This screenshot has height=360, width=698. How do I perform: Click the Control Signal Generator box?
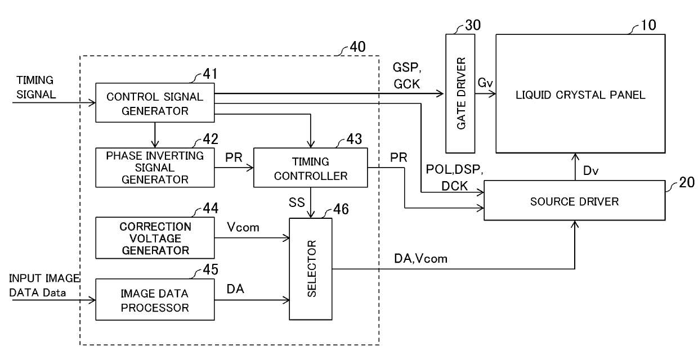point(155,102)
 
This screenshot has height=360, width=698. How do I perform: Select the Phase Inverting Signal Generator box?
point(155,168)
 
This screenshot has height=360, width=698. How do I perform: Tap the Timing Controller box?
point(310,168)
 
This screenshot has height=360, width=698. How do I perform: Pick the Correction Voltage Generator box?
point(155,238)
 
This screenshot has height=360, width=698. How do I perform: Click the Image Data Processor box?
point(155,300)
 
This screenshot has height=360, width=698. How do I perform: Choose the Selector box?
point(311,269)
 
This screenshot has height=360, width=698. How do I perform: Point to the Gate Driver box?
point(460,93)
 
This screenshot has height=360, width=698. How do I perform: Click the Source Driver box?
point(575,201)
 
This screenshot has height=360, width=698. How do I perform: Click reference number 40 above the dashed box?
point(357,47)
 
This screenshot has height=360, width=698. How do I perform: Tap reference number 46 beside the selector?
point(341,209)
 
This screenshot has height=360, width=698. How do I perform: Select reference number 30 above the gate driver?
point(473,25)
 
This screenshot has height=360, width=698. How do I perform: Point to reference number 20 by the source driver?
point(687,182)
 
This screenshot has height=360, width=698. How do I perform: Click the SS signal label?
point(296,202)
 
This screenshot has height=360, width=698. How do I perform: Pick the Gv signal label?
point(485,83)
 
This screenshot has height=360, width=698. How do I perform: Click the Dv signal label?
point(590,170)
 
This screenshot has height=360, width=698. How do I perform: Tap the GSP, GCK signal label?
point(406,76)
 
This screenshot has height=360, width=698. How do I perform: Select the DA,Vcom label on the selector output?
point(420,259)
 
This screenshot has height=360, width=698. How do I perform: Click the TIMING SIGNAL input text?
point(36,87)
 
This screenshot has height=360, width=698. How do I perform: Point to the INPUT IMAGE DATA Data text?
point(44,285)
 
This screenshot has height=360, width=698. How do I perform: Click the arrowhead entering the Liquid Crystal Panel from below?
point(575,156)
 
